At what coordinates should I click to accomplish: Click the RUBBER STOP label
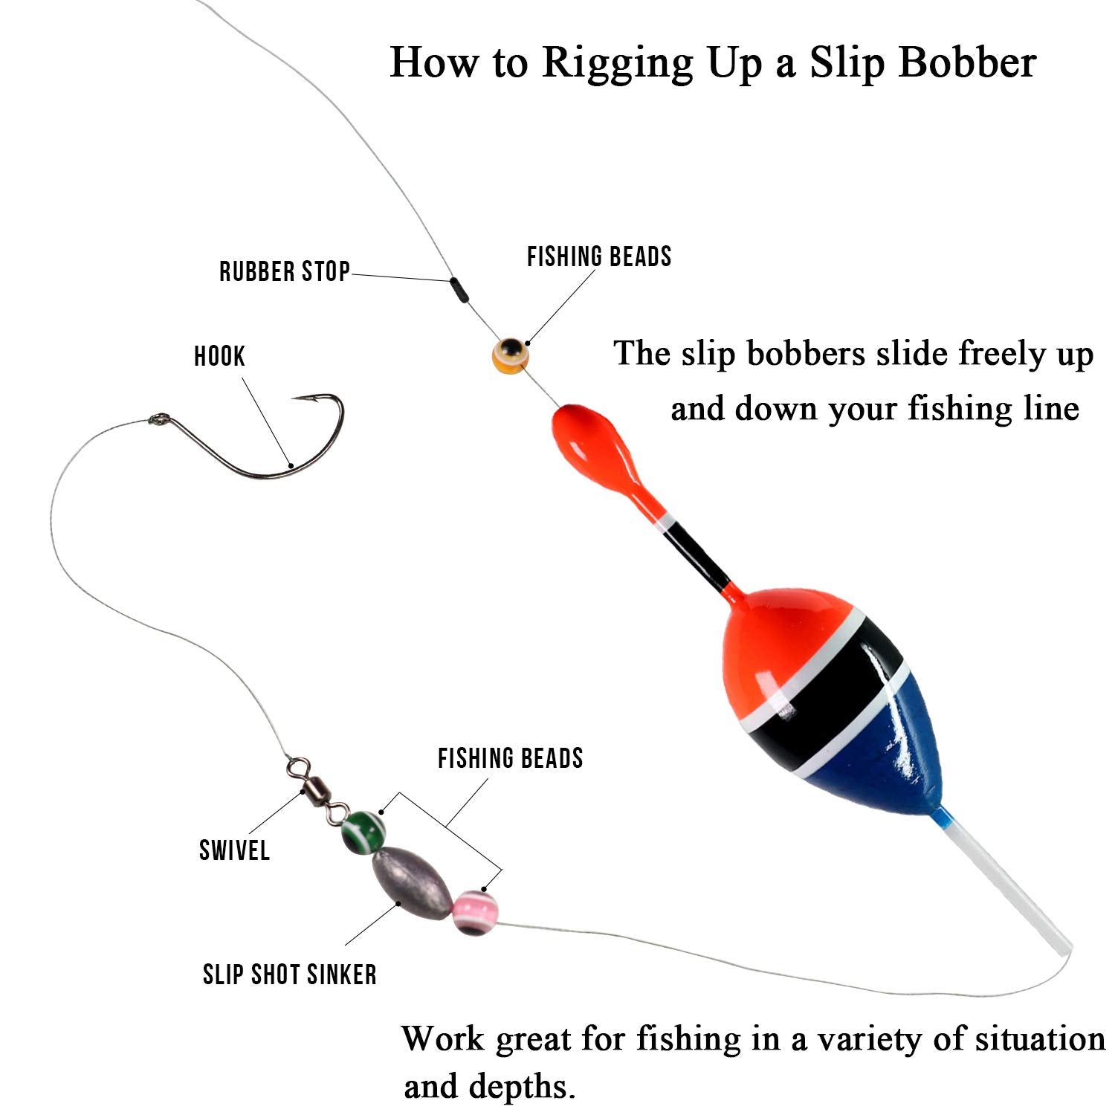[x=284, y=271]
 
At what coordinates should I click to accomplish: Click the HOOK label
[x=219, y=356]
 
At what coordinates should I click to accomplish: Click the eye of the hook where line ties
[x=156, y=420]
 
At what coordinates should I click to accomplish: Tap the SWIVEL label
[x=234, y=850]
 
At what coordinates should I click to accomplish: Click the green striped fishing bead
[x=363, y=830]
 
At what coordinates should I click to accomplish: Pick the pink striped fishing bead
[x=475, y=913]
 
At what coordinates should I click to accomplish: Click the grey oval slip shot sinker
[x=412, y=883]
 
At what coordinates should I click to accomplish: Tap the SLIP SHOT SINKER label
[x=290, y=974]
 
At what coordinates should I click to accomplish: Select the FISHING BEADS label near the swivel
[x=511, y=758]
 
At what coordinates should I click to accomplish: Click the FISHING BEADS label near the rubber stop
[x=599, y=256]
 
